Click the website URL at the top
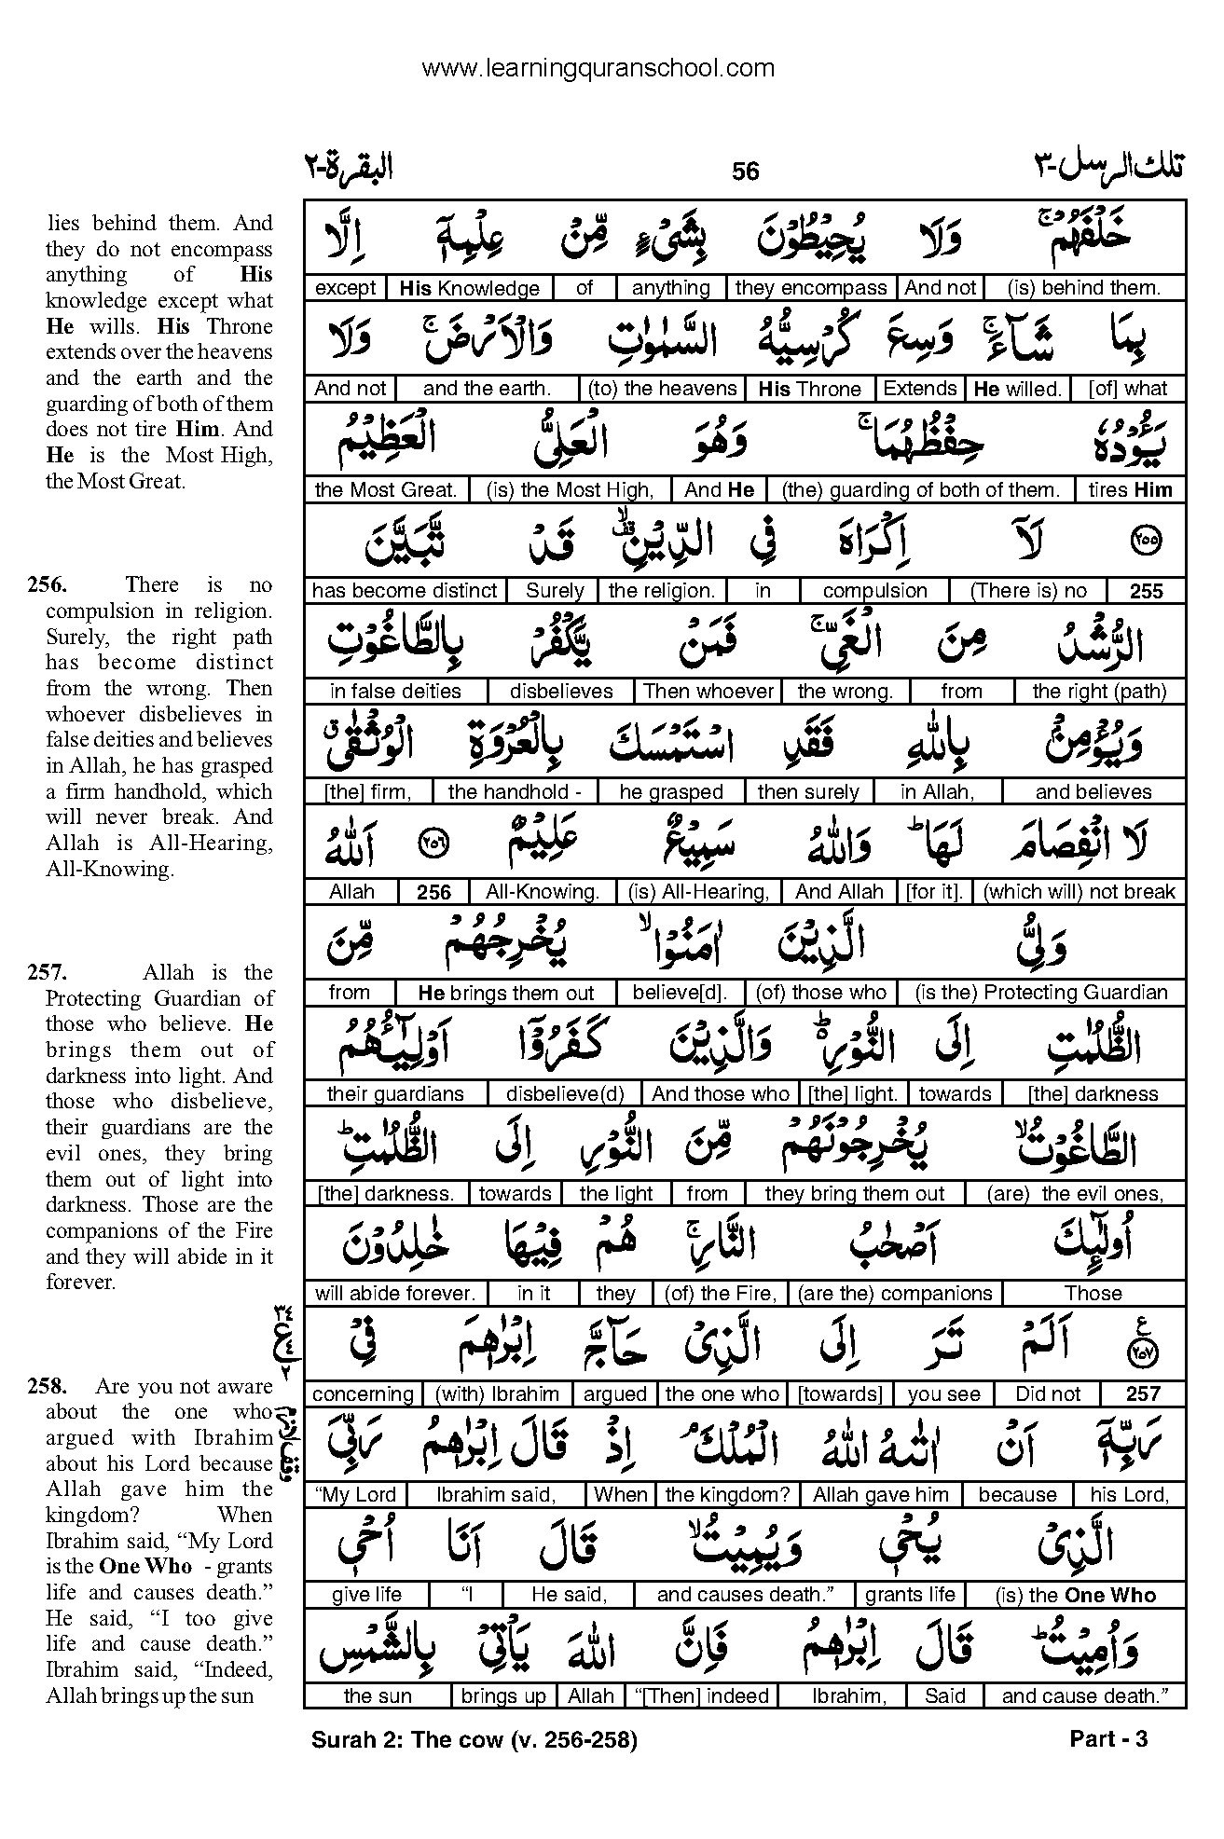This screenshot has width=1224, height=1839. [598, 67]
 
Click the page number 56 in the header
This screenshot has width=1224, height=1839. [746, 172]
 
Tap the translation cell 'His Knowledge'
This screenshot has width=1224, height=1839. [469, 288]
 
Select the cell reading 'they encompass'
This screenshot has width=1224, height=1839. [811, 288]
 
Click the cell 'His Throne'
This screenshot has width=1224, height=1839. [809, 389]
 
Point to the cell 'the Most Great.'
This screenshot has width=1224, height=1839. [386, 489]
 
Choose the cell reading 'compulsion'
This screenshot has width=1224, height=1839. [874, 590]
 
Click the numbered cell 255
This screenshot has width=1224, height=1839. [1146, 590]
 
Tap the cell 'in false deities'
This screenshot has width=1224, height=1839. [395, 691]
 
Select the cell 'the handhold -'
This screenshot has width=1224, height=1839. [515, 791]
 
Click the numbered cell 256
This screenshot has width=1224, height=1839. [433, 892]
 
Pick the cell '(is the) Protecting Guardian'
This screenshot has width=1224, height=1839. [1080, 993]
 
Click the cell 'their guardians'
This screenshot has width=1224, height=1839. [395, 1093]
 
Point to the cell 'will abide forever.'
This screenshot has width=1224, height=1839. [395, 1294]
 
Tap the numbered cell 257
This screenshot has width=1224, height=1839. [1143, 1394]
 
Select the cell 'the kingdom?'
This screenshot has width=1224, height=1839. [727, 1495]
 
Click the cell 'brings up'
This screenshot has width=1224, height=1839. [502, 1696]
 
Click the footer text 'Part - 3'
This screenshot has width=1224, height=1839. [1107, 1739]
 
